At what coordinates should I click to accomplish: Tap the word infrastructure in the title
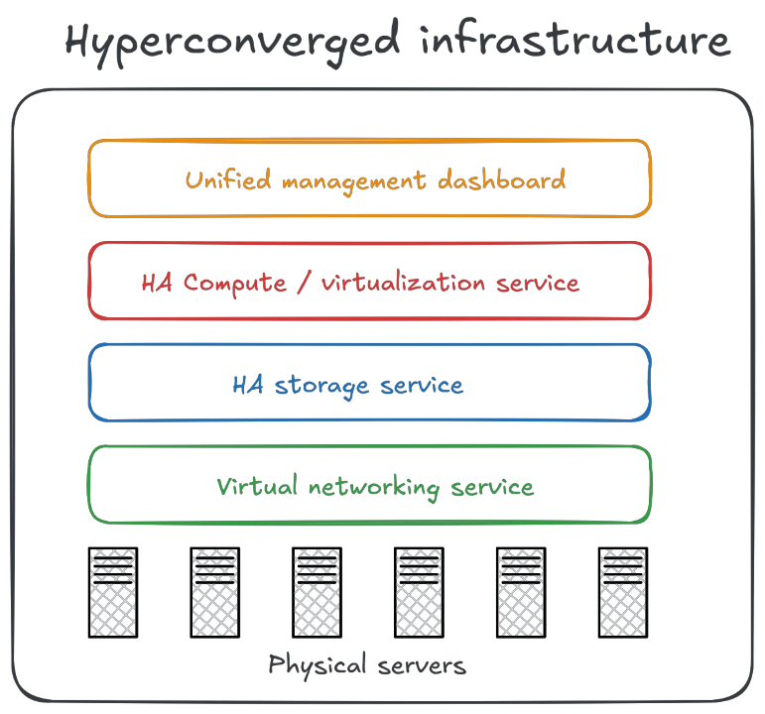(574, 43)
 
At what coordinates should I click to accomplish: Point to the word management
(352, 180)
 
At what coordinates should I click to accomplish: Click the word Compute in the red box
(234, 284)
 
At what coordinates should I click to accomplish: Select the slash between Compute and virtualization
(302, 284)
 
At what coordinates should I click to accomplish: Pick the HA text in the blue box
(246, 385)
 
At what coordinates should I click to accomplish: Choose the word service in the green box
(493, 487)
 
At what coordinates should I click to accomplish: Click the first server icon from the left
(112, 593)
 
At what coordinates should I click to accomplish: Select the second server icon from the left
(214, 593)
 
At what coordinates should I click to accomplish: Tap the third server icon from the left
(318, 593)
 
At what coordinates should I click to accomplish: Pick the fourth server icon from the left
(419, 593)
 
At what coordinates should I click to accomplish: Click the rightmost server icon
(623, 593)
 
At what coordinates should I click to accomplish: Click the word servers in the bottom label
(422, 664)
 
